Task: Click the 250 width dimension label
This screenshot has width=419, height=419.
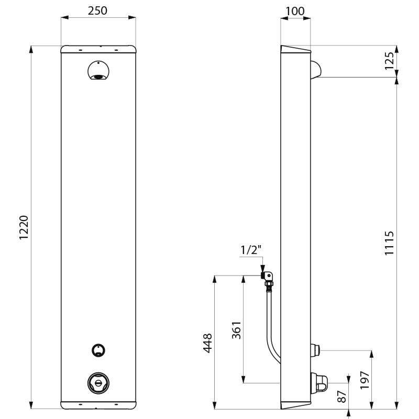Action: click(x=98, y=10)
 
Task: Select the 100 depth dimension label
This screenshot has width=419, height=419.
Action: click(x=295, y=10)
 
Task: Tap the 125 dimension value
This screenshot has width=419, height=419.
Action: click(x=389, y=61)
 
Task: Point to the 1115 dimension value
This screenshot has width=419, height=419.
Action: click(x=389, y=242)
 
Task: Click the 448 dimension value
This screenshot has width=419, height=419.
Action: click(x=207, y=343)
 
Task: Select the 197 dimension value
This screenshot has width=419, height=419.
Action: click(x=365, y=380)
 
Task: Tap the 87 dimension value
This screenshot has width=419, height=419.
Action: click(x=343, y=396)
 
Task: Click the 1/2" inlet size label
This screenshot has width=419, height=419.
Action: click(x=250, y=250)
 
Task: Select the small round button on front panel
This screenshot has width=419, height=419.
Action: click(x=98, y=350)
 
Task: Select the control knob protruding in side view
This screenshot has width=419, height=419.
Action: click(x=319, y=382)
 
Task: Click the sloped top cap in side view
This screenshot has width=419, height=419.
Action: click(x=296, y=50)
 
